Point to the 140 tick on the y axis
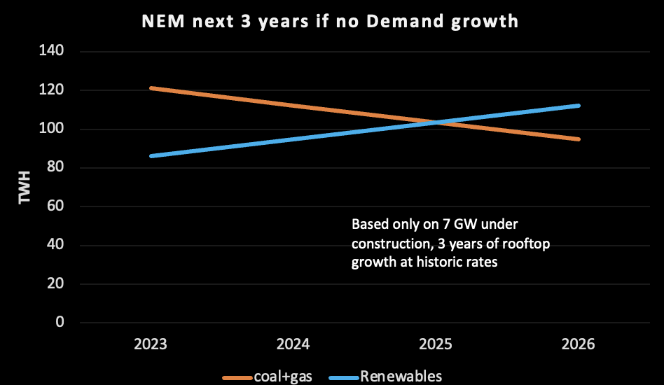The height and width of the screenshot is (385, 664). pos(51,51)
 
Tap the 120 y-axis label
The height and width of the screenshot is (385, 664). pos(51,90)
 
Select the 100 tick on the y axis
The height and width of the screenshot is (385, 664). pos(51,128)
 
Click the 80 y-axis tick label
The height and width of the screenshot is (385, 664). pos(55,167)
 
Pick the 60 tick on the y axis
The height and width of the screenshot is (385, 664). pos(55,206)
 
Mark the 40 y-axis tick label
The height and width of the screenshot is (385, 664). pos(55,244)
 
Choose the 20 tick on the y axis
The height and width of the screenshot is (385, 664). pos(55,283)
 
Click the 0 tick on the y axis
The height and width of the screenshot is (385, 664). pos(60,322)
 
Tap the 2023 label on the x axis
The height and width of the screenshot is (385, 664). pos(151,344)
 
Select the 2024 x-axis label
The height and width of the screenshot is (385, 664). pos(293,344)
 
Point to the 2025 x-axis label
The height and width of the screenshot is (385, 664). pos(436,344)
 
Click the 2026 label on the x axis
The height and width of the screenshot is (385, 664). pos(579,344)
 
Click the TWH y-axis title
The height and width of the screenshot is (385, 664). pos(25,188)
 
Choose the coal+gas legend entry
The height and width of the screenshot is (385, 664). pos(267,377)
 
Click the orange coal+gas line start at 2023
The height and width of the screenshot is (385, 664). pos(151,88)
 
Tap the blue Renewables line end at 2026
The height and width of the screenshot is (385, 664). pos(579,105)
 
